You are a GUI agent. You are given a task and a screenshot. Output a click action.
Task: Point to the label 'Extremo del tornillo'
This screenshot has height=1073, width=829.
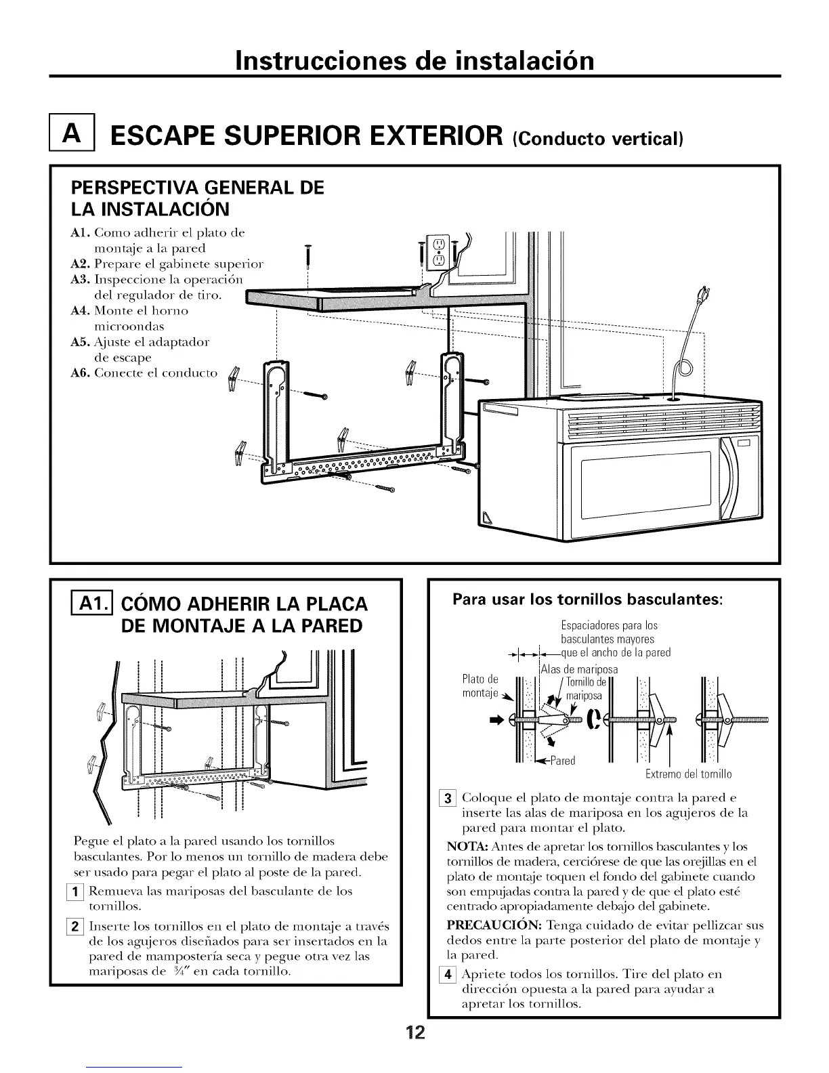688,774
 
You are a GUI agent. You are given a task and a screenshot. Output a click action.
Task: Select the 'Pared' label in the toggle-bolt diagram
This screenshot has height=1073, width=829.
561,761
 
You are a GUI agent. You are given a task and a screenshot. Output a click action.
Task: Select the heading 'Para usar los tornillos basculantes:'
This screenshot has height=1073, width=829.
588,600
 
